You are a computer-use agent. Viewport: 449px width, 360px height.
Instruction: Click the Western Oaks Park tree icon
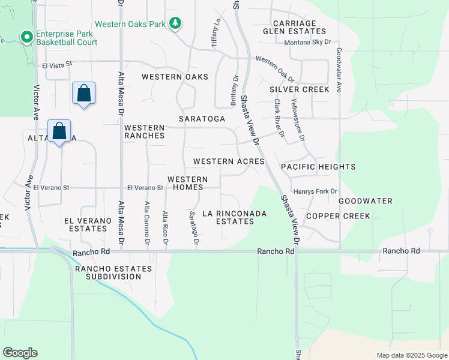tap(175, 23)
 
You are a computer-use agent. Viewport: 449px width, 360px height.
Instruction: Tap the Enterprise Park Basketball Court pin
tap(26, 38)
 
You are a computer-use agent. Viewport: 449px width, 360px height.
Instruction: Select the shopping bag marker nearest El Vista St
tap(83, 94)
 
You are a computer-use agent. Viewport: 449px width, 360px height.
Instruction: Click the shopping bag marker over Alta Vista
tap(59, 131)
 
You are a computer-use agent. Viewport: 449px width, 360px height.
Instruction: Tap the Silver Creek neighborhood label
tap(299, 89)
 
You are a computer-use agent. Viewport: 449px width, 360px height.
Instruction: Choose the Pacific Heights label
tap(318, 167)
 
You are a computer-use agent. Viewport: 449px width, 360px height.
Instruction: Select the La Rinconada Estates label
tap(228, 217)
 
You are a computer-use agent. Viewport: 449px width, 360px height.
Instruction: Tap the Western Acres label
tap(229, 162)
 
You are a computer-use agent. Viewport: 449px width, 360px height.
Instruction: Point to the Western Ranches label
tap(144, 131)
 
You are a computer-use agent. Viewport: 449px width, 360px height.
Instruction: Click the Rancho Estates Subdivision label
tap(107, 272)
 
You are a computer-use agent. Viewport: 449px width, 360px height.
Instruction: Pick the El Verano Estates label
tap(88, 224)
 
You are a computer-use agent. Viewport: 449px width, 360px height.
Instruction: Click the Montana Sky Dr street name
tap(307, 43)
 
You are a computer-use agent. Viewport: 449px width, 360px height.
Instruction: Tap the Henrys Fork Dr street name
tap(316, 191)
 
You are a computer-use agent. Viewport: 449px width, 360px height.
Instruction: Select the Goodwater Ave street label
tap(339, 70)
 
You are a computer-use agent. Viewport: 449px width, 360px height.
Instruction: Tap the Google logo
tap(20, 353)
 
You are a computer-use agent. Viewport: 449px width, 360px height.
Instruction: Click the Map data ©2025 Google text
tap(411, 355)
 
